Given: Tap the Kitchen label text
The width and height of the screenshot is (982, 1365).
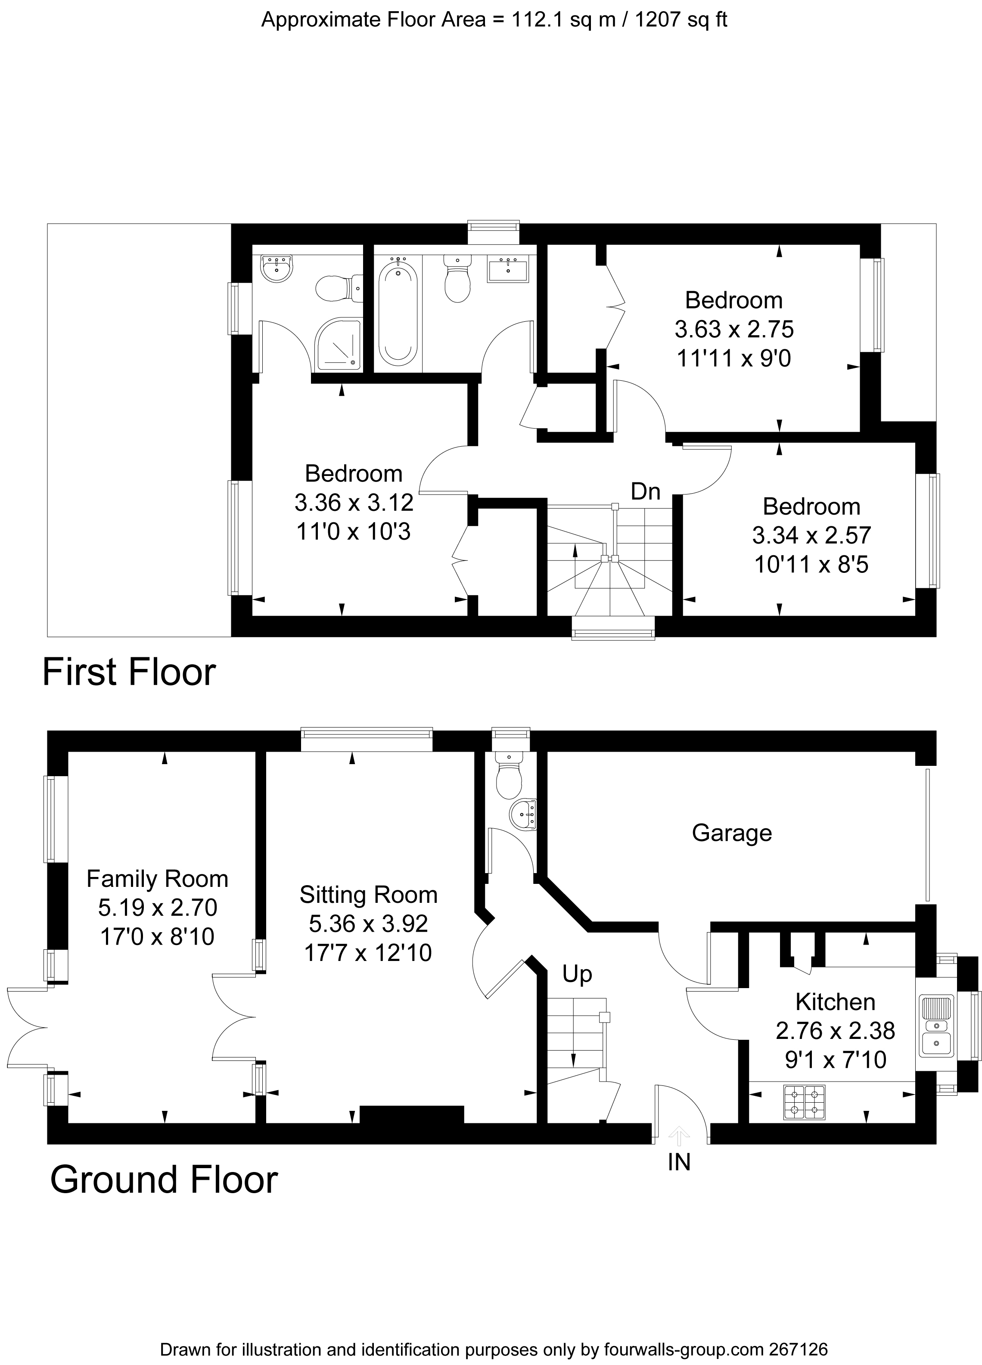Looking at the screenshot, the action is [x=835, y=1001].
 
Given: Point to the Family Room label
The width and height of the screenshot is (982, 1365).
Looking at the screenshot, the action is [x=157, y=879].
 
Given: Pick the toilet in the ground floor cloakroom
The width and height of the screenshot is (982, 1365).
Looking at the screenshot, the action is [x=510, y=776].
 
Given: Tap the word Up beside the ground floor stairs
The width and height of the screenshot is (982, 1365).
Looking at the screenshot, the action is [x=577, y=974].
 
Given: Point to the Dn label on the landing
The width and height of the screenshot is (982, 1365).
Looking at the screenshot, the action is [x=645, y=492].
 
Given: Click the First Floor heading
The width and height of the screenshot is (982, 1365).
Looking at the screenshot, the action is [x=129, y=672].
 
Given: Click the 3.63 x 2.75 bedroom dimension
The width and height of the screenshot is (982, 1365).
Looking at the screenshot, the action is [x=734, y=329].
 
